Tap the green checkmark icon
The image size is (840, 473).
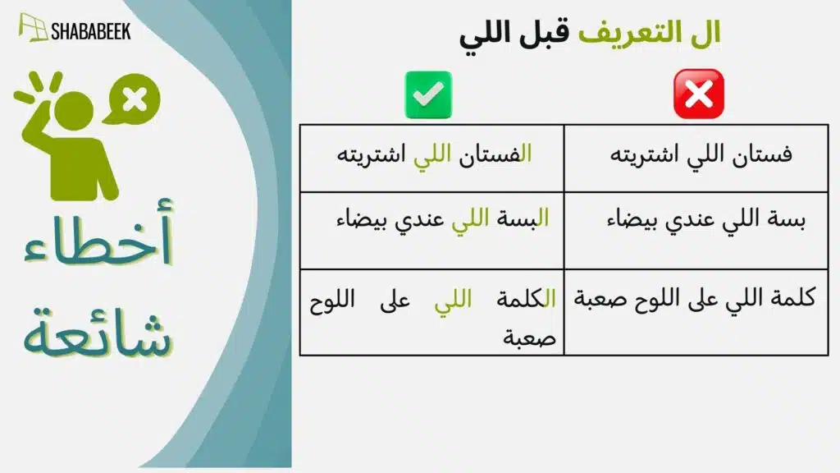[427, 94]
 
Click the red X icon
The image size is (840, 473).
[698, 94]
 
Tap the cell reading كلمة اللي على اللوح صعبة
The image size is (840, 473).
[696, 297]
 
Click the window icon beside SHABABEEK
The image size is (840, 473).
[33, 28]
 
